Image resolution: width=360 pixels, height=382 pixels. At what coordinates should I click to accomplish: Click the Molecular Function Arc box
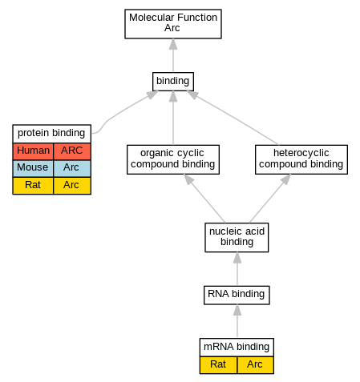pos(173,24)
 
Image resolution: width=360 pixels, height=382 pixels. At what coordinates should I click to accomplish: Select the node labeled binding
pos(173,82)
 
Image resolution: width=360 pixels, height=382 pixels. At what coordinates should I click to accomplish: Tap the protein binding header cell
pos(51,134)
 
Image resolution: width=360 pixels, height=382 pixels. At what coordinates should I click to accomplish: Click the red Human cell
pos(33,151)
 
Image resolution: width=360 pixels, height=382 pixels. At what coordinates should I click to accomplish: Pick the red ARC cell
pos(72,151)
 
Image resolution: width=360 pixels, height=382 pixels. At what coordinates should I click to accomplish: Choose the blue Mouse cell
pos(33,168)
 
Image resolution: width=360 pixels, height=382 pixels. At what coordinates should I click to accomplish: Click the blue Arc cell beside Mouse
pos(72,168)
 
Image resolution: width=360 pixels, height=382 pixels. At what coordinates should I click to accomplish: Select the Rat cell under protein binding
pos(33,186)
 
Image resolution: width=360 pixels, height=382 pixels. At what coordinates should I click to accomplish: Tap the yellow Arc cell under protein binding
pos(72,186)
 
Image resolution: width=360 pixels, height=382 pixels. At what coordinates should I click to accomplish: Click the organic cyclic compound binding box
pos(173,159)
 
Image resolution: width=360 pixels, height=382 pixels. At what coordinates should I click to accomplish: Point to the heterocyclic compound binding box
pos(301,159)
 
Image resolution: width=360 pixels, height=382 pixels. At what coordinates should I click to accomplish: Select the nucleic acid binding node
pos(237,237)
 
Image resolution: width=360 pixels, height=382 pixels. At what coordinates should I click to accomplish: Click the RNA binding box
pos(237,295)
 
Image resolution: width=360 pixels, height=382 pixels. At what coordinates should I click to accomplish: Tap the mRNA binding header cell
pos(237,347)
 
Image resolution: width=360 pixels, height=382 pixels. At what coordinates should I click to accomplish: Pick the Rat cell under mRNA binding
pos(218,365)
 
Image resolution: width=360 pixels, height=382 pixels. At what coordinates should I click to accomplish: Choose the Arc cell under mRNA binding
pos(255,365)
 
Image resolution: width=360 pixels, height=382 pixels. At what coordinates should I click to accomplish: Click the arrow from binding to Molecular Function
pos(173,55)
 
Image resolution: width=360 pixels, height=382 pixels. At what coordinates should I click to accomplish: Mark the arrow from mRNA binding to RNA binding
pos(237,321)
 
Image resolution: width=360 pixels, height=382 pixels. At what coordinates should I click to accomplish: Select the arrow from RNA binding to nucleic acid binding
pos(237,269)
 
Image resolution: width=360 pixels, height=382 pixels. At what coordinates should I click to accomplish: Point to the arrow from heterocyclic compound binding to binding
pos(233,118)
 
